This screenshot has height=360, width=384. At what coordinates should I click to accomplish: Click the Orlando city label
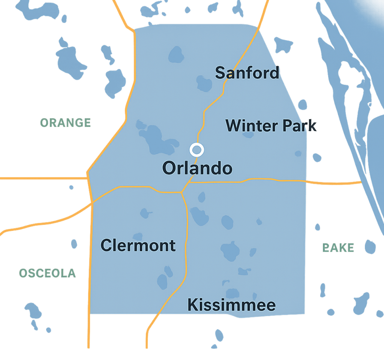click(197, 168)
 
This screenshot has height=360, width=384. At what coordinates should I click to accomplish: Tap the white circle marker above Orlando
click(197, 149)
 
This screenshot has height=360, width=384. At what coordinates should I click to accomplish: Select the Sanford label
click(247, 73)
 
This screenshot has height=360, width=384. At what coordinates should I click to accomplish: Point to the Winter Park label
click(271, 126)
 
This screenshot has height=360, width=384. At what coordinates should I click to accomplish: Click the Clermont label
click(138, 246)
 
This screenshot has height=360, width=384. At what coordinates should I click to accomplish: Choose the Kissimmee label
click(231, 305)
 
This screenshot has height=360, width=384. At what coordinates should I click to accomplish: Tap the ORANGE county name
click(66, 123)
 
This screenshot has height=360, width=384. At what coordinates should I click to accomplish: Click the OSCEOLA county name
click(47, 273)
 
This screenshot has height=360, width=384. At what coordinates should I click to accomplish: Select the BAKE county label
click(338, 248)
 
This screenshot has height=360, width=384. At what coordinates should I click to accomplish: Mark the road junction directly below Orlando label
click(182, 192)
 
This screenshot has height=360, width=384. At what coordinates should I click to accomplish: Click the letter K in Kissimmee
click(192, 305)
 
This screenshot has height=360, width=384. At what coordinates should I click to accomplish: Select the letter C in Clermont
click(106, 246)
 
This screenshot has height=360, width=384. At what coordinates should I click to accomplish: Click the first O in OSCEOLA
click(23, 273)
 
